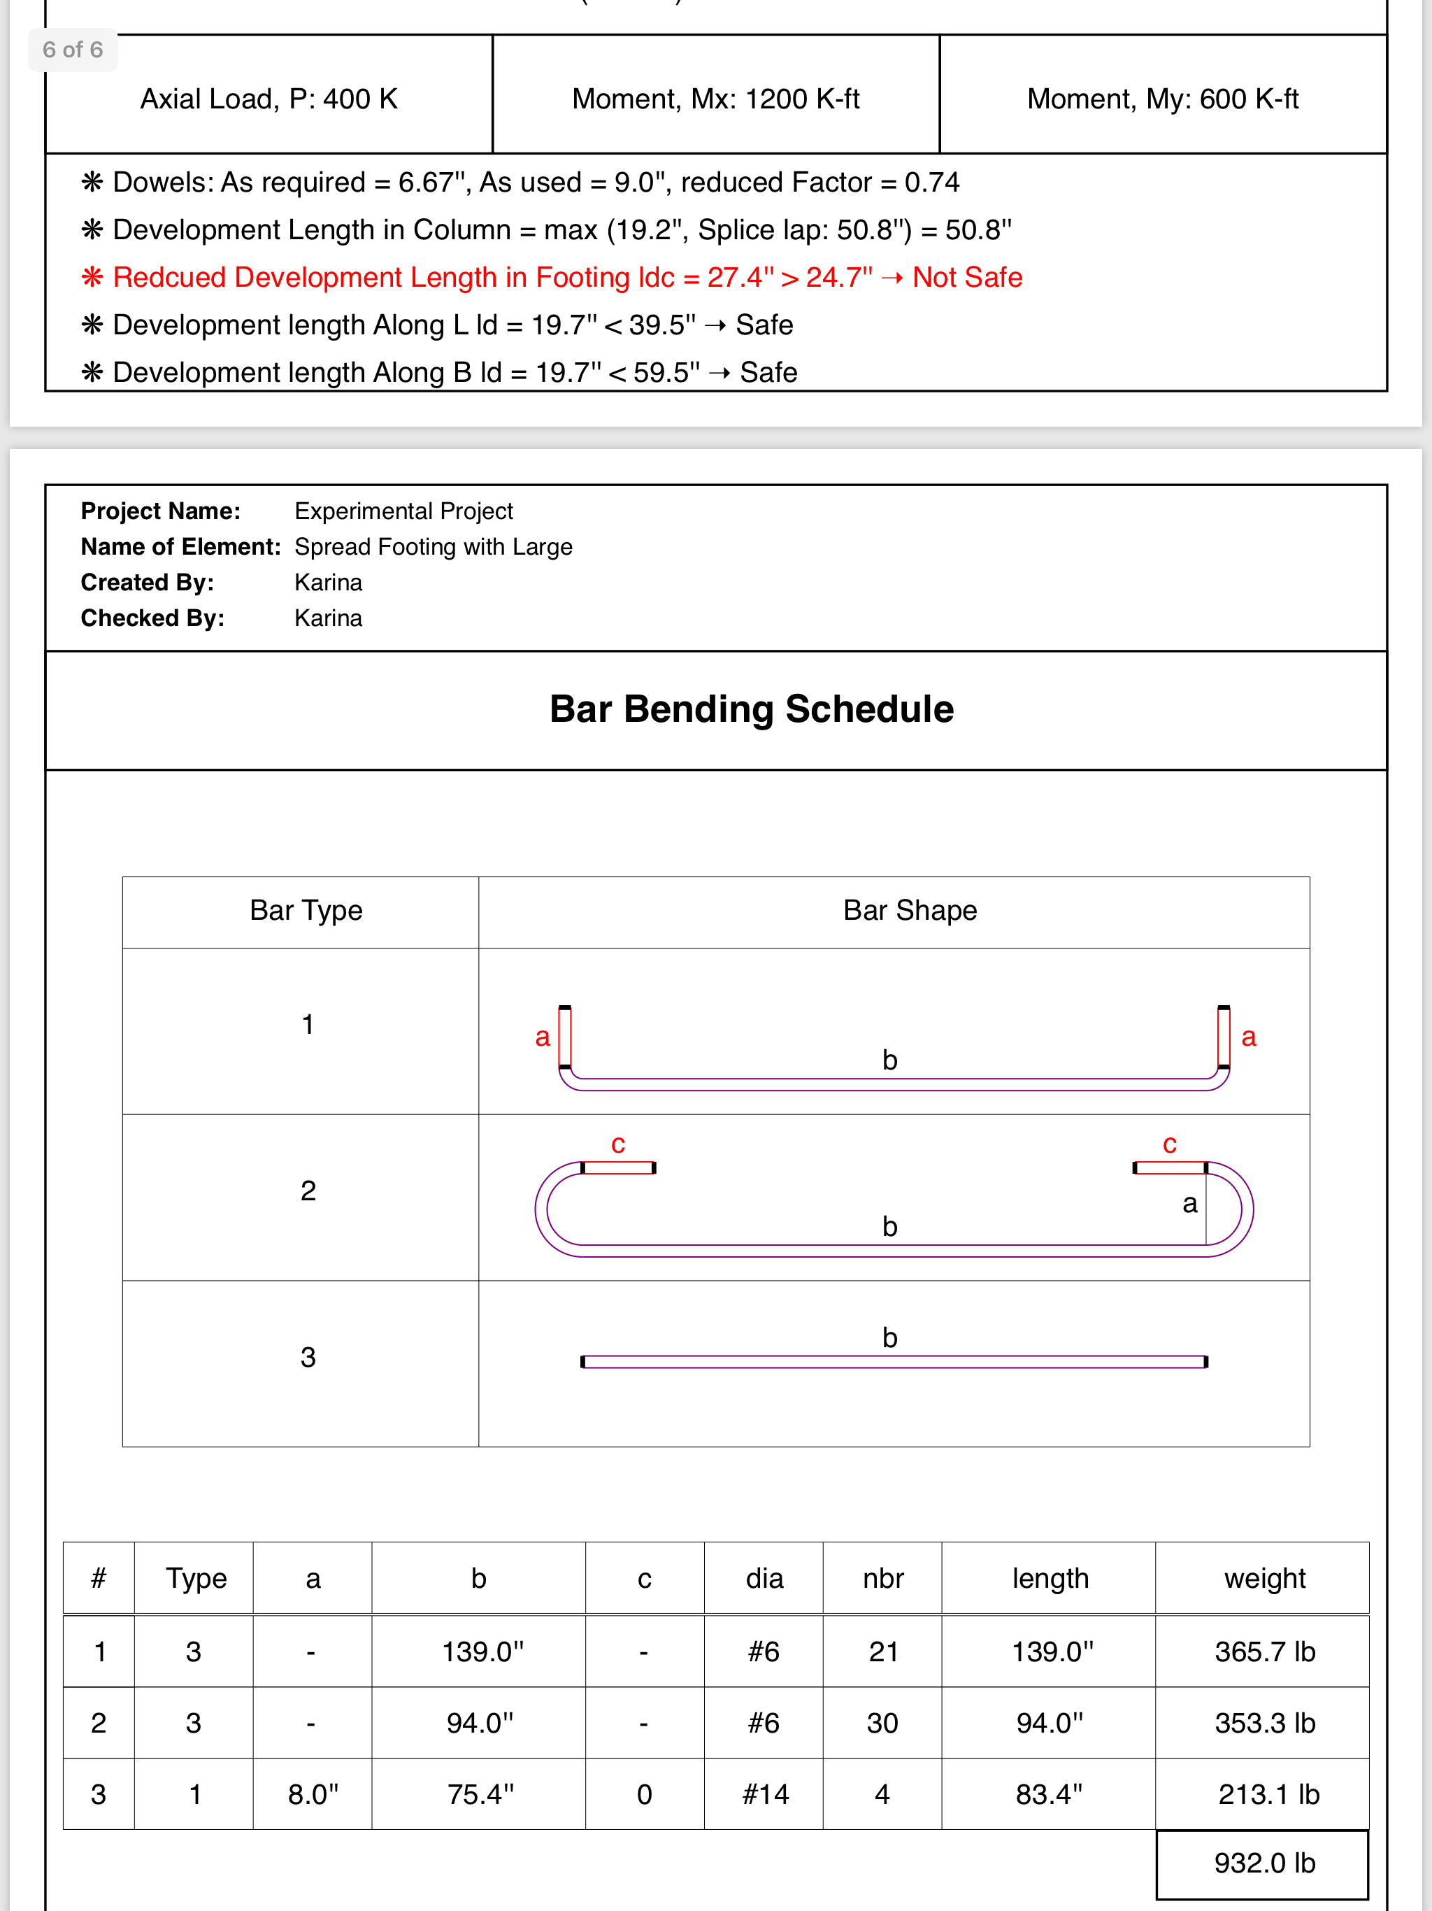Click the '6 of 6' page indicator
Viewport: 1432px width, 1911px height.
point(73,50)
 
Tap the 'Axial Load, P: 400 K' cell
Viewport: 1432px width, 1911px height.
point(268,99)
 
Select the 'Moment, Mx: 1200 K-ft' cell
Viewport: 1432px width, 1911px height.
point(715,99)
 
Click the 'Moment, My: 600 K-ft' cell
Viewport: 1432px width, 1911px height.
point(1163,99)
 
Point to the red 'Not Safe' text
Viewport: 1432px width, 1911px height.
point(967,277)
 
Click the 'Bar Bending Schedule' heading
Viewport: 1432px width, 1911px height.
point(752,709)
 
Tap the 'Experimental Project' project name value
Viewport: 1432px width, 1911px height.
point(403,511)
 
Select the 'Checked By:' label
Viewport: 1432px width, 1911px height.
point(152,618)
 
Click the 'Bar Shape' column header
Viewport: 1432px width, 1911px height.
point(910,911)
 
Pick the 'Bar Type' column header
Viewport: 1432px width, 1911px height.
point(306,911)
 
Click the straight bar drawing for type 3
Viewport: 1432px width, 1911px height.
point(894,1363)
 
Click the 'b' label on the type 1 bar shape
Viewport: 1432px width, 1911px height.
point(889,1060)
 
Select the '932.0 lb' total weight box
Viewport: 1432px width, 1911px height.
point(1263,1863)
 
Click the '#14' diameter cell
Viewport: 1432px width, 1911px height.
point(765,1794)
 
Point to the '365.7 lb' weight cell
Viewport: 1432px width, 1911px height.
point(1264,1651)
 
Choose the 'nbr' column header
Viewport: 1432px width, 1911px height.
point(882,1578)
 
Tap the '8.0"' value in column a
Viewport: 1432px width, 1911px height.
point(313,1794)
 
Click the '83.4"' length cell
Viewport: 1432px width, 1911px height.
point(1049,1794)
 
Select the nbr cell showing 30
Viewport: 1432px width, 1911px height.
point(882,1724)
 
